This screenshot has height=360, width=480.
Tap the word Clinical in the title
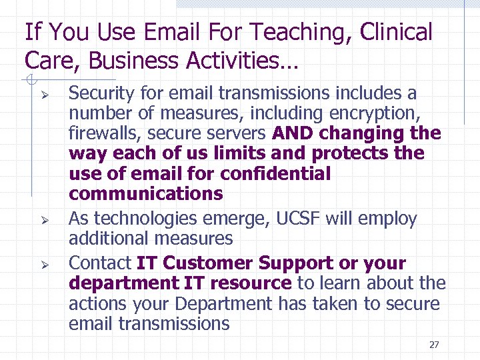pos(399,32)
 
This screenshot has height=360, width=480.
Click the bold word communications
pos(145,194)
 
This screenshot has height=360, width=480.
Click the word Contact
pos(100,263)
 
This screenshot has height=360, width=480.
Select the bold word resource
pos(251,283)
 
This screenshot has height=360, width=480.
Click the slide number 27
pos(434,345)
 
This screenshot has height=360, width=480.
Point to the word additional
pos(111,238)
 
